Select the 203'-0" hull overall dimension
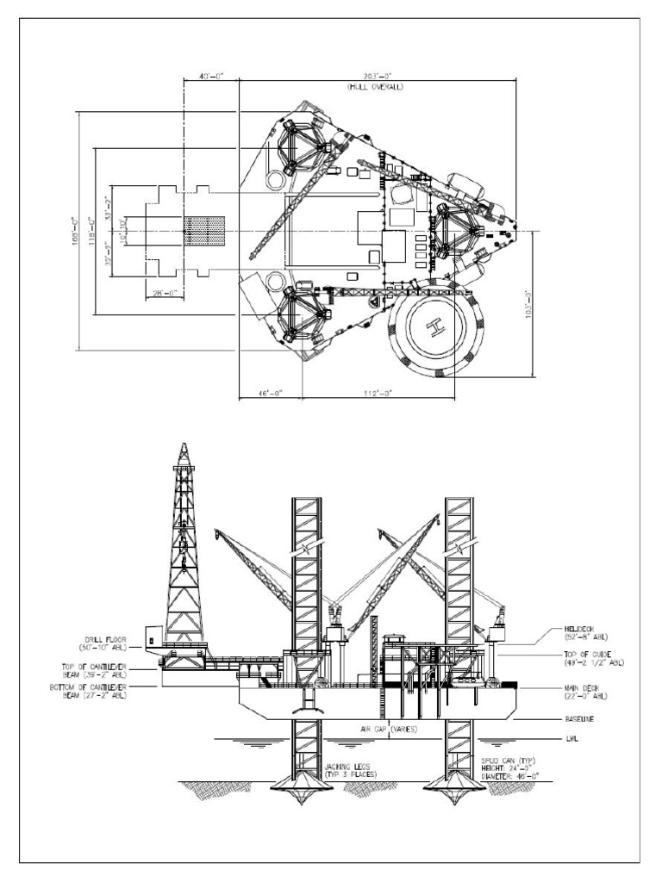tap(376, 77)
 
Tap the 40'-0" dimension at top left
tap(210, 77)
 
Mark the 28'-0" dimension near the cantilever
tap(161, 293)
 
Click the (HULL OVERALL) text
tap(376, 87)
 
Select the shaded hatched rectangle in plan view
tap(205, 230)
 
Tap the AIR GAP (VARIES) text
tap(390, 729)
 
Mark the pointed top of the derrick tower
tap(183, 445)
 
